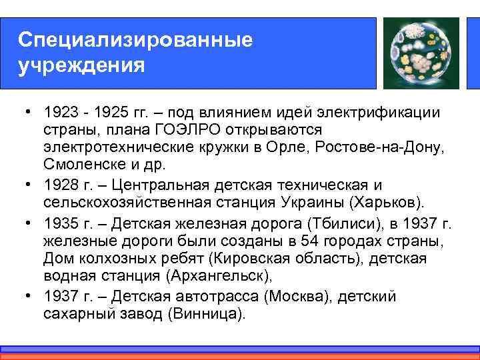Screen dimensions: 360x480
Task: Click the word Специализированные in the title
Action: tap(135, 39)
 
